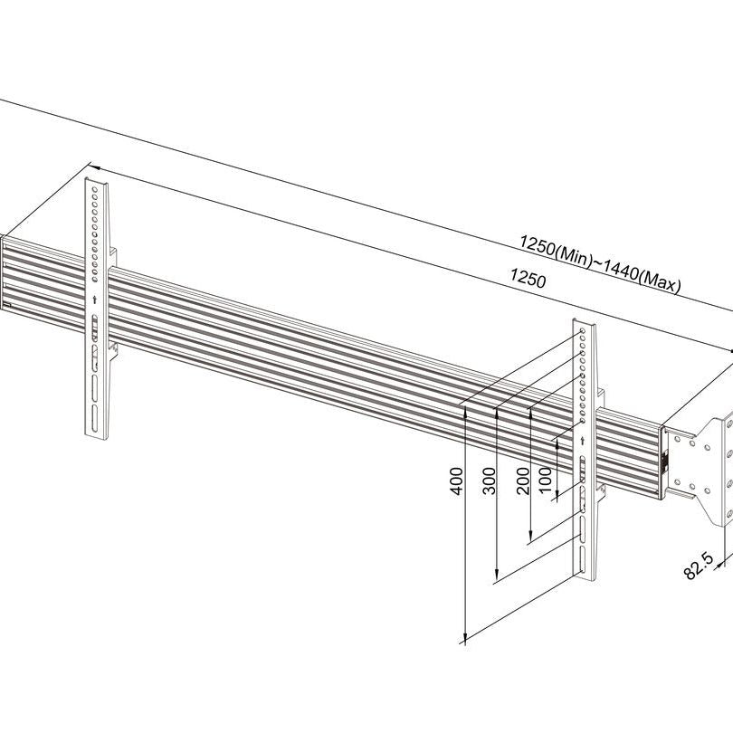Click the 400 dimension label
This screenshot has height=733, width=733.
457,481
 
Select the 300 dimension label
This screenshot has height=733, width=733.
489,481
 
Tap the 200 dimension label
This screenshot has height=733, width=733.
523,481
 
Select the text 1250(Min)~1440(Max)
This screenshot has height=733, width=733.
600,264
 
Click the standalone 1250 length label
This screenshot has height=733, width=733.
528,278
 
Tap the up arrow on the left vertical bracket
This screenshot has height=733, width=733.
95,300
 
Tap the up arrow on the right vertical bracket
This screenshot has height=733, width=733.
582,441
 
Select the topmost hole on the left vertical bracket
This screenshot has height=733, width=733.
94,190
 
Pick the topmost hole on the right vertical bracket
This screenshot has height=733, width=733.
583,331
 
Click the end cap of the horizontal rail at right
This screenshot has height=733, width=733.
663,462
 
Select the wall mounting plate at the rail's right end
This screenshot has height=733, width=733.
700,469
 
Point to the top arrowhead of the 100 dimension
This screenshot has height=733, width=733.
557,446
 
